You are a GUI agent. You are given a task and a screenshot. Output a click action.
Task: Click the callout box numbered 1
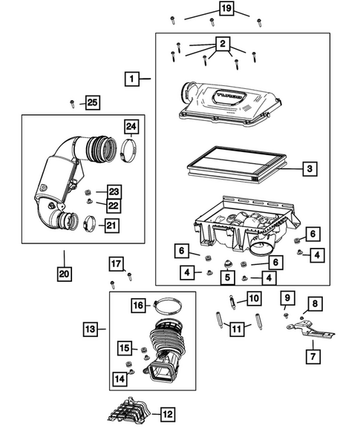tap(131, 78)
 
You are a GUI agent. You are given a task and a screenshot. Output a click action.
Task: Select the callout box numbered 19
tap(226, 9)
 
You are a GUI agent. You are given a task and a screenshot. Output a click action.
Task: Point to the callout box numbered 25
tap(91, 102)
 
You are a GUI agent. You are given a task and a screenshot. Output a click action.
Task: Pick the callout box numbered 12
tap(168, 413)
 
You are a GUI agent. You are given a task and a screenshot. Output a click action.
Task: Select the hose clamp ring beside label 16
tap(168, 303)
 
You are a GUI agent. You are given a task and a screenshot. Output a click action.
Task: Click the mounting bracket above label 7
tap(308, 329)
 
